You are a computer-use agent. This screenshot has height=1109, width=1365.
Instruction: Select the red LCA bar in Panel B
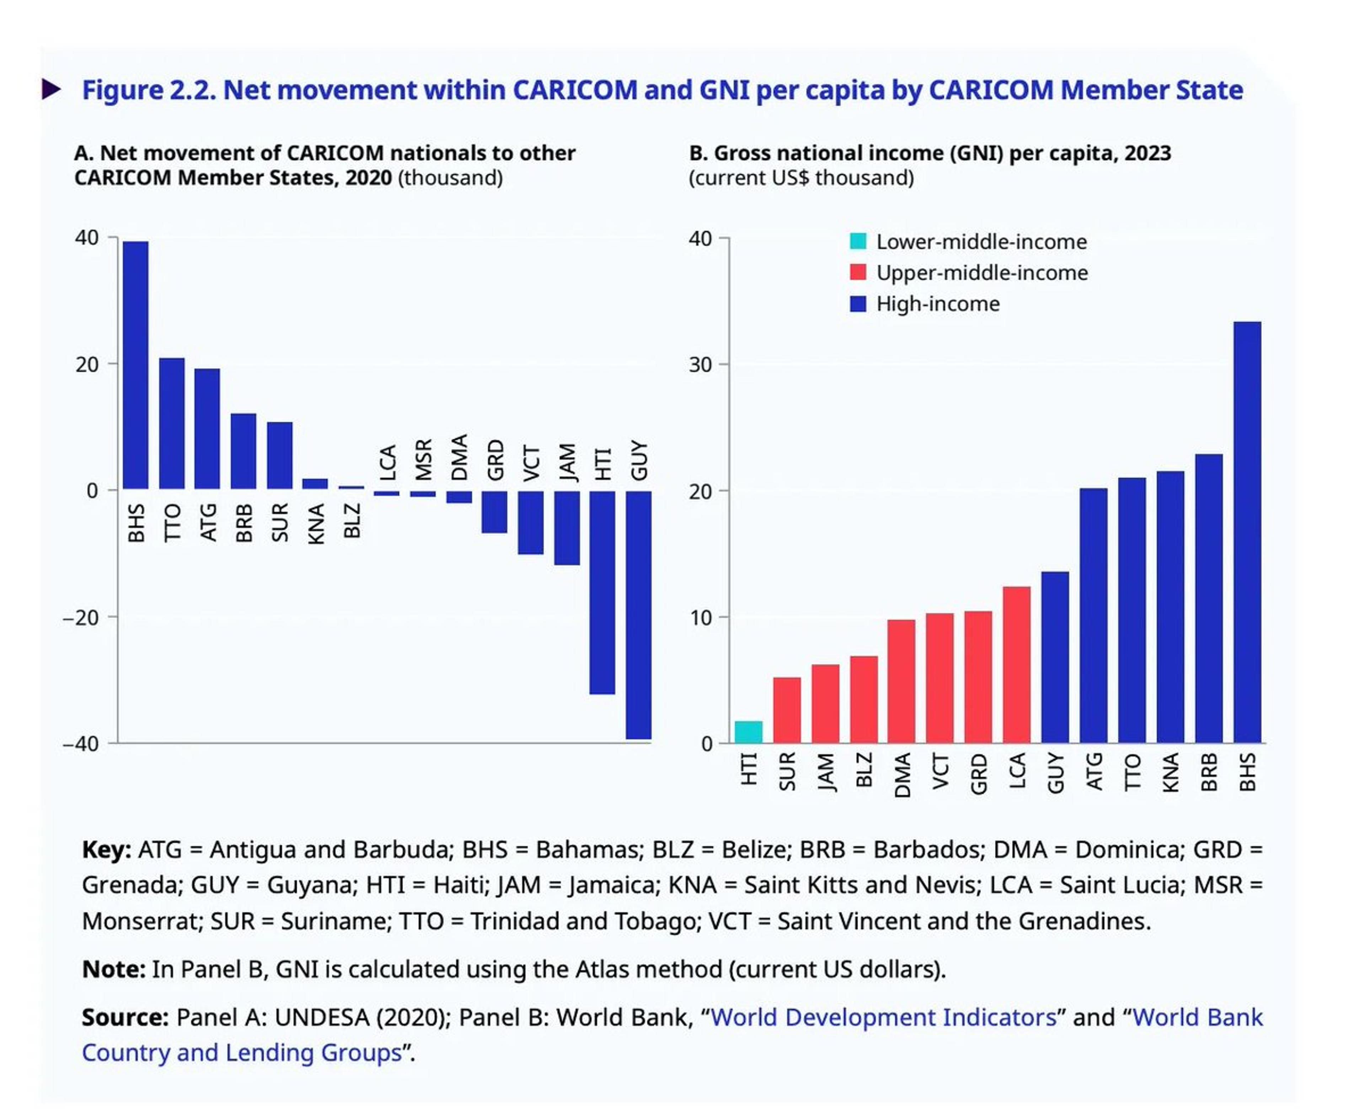[1016, 664]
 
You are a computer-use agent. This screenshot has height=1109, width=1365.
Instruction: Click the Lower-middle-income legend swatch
[858, 241]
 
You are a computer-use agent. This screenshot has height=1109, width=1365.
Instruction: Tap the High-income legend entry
[937, 304]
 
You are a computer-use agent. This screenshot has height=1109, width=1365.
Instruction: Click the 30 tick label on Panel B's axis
[700, 365]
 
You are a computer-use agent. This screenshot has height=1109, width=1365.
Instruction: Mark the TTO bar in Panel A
[171, 424]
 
